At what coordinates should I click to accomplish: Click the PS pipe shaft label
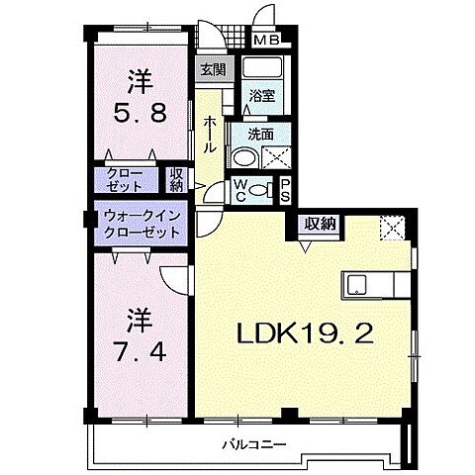285,189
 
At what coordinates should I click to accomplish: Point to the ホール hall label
211,131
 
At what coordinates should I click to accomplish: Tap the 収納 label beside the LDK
318,225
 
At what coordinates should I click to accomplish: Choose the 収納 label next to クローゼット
177,181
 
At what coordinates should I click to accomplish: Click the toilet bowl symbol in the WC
258,190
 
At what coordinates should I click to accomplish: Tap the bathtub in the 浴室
264,70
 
